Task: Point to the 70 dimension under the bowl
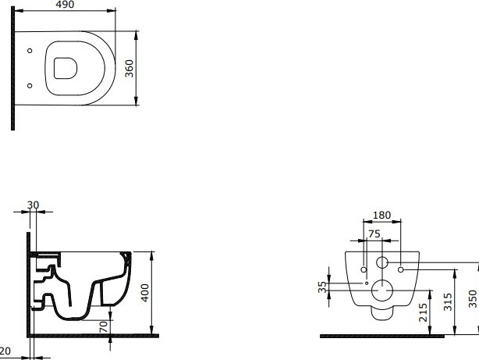point(103,326)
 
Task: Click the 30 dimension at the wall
point(32,205)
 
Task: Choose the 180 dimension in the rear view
point(381,215)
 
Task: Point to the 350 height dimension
point(473,300)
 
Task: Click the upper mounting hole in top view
point(30,52)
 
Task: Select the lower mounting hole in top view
point(30,85)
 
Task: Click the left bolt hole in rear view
point(365,270)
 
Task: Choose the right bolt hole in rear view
point(400,270)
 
